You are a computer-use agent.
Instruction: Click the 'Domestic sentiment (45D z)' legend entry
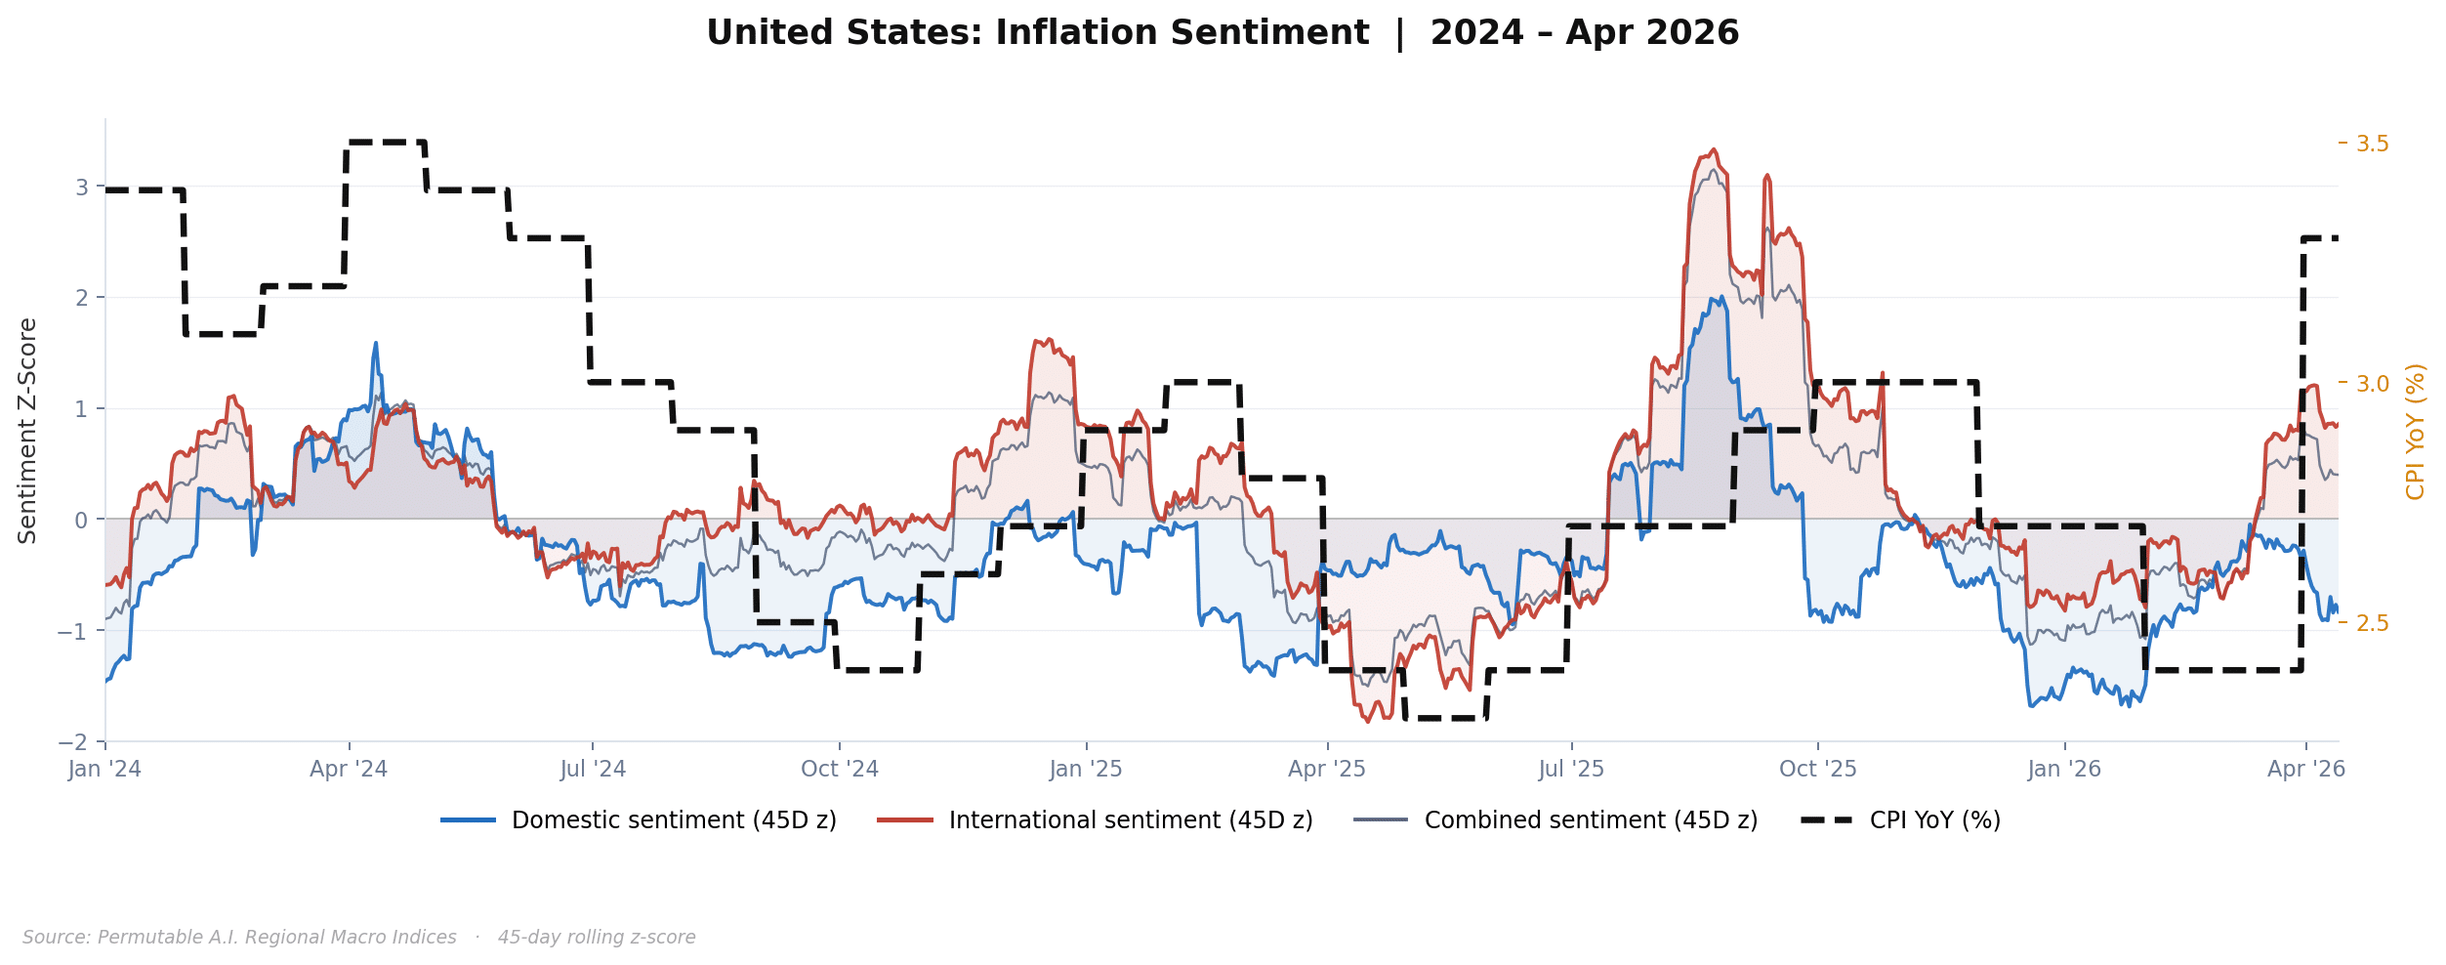[673, 820]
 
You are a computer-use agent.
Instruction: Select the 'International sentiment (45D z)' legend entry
[1130, 820]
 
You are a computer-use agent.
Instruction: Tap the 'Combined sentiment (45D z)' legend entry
[1590, 820]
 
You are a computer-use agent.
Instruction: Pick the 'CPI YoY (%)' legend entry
[1933, 820]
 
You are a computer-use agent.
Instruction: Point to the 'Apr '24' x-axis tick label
[349, 770]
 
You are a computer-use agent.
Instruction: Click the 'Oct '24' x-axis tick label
[840, 770]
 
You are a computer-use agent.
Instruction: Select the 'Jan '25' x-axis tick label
[1086, 770]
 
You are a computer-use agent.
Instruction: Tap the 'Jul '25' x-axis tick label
[1571, 770]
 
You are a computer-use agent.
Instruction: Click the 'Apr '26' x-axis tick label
[2305, 770]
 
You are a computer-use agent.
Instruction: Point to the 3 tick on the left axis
[82, 188]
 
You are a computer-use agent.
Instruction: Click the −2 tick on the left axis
[73, 742]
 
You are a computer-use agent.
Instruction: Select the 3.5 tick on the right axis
[2372, 145]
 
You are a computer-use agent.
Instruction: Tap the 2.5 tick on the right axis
[2372, 623]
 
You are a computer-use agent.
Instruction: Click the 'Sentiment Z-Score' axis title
[28, 431]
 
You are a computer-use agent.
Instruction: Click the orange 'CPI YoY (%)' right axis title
[2416, 431]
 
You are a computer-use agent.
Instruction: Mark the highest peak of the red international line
[1714, 150]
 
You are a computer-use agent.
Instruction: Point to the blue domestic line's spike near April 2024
[376, 344]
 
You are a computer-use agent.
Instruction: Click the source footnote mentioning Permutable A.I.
[358, 938]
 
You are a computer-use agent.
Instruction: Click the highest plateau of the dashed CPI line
[386, 143]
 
